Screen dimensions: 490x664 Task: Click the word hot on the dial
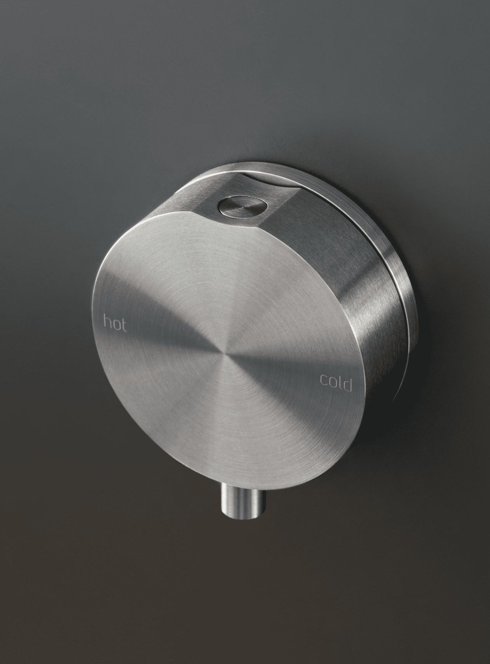pyautogui.click(x=115, y=323)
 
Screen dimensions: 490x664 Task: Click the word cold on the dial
pyautogui.click(x=336, y=383)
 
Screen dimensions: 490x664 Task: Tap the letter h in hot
pyautogui.click(x=107, y=321)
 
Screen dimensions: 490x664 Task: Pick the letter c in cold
pyautogui.click(x=323, y=380)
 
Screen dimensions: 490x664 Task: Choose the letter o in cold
pyautogui.click(x=332, y=383)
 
